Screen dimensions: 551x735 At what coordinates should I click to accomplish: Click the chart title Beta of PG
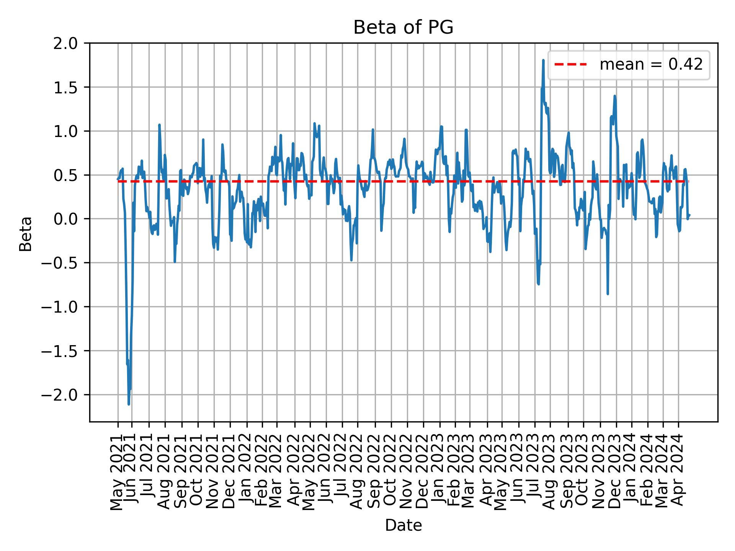[x=403, y=28]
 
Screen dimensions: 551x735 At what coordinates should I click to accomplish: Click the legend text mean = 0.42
[x=651, y=65]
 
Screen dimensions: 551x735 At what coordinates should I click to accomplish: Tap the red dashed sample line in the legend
[x=570, y=65]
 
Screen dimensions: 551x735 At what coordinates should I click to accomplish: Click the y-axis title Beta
[x=26, y=234]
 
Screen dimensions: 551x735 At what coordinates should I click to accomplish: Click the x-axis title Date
[x=403, y=526]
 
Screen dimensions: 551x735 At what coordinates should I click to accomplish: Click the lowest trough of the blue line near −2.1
[x=129, y=404]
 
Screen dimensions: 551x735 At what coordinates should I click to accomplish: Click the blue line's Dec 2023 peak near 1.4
[x=615, y=96]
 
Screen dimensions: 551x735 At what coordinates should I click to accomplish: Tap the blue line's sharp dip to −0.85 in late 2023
[x=608, y=293]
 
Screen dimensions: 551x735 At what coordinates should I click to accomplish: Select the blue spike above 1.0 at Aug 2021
[x=159, y=125]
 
